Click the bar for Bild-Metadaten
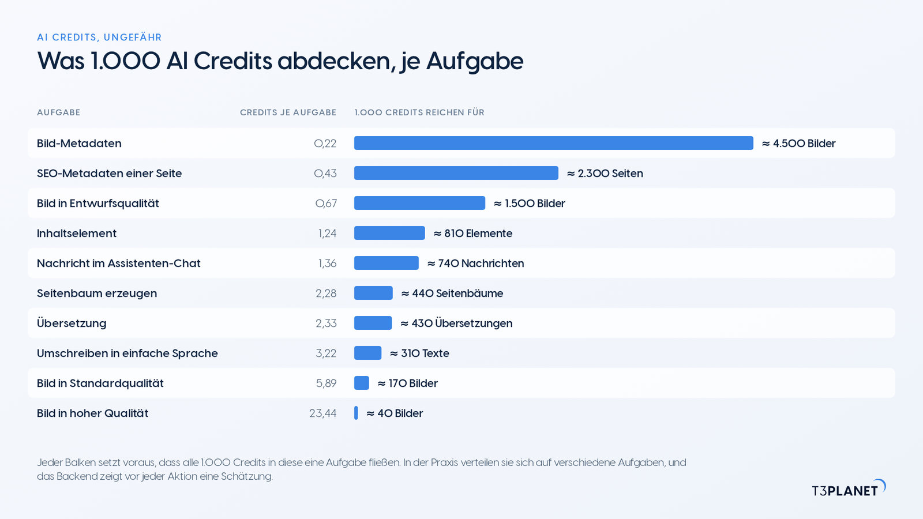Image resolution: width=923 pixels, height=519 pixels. [x=553, y=143]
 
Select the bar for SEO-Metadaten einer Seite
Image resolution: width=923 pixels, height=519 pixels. [x=456, y=173]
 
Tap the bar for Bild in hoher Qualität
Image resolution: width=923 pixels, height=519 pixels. [x=356, y=413]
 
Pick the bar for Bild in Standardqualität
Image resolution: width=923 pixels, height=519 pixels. [x=361, y=383]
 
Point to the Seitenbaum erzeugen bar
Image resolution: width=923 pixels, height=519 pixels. [x=373, y=293]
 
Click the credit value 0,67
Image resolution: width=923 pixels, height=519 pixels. [x=326, y=204]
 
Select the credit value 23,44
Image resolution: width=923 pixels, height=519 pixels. [x=322, y=413]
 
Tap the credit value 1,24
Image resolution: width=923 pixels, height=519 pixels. [x=327, y=234]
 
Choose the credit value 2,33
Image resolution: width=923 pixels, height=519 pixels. [x=326, y=324]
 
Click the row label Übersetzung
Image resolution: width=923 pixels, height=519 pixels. [x=72, y=323]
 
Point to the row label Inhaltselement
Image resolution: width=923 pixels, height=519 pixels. [x=77, y=233]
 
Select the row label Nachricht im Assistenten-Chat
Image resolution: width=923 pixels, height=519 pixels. [x=119, y=263]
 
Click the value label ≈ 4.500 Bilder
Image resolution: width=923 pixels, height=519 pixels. [x=798, y=144]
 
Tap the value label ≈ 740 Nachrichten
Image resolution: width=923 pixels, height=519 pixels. [x=475, y=263]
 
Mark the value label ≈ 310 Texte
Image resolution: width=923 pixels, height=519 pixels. [x=419, y=353]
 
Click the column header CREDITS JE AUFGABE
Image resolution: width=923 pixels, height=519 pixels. [x=288, y=112]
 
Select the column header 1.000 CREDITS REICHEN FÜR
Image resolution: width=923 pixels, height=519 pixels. [x=419, y=112]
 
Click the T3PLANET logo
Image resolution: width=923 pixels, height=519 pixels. [x=849, y=488]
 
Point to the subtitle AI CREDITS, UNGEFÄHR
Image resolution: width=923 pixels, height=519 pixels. [x=99, y=37]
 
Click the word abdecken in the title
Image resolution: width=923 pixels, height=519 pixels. [x=334, y=61]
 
